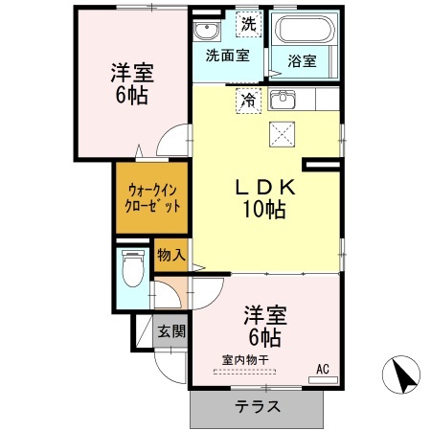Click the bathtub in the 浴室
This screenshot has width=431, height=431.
pos(305,29)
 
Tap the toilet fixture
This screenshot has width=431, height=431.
pos(133,268)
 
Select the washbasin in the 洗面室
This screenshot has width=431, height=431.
pos(207,31)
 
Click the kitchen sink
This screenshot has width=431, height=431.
pos(283,100)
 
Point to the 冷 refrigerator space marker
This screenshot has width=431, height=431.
pos(248,101)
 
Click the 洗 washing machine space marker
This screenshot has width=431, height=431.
pos(249,24)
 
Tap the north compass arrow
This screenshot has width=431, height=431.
pos(403,376)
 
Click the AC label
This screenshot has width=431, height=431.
pos(323,370)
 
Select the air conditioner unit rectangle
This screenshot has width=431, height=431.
pos(323,380)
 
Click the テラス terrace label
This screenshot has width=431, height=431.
pos(258,407)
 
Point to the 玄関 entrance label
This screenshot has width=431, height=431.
pos(171,330)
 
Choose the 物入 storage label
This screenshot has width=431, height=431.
pos(171,255)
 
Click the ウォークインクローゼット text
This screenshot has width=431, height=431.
pos(152,198)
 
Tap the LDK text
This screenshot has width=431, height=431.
pos(265,188)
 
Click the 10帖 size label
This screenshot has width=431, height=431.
pos(264,210)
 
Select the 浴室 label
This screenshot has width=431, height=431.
pos(302,61)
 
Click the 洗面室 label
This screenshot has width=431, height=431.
pos(227,56)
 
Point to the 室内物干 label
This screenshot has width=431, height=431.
pos(245,360)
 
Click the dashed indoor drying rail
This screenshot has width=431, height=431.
pos(244,372)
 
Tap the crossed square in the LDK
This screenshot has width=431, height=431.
pos(282,134)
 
